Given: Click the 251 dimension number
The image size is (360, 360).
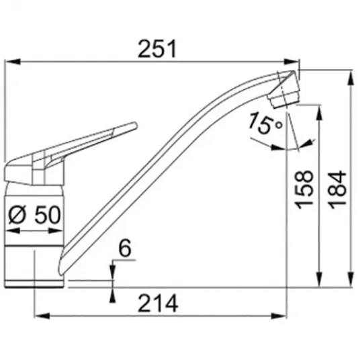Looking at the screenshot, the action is [x=157, y=48].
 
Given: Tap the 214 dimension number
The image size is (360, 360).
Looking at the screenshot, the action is [x=158, y=304].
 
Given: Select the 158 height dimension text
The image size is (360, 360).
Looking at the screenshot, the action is [x=304, y=189].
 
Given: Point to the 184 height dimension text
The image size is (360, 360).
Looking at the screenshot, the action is [x=337, y=189].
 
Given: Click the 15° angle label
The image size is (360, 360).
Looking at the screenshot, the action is [x=265, y=123].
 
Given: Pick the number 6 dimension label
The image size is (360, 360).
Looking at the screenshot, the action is [x=126, y=248].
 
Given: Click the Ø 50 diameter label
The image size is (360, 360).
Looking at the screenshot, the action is [x=34, y=215].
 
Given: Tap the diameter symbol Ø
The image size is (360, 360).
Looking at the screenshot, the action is [x=17, y=215].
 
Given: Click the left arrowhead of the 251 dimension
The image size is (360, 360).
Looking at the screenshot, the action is [x=12, y=62].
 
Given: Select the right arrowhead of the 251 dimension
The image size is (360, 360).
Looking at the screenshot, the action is [x=291, y=62].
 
